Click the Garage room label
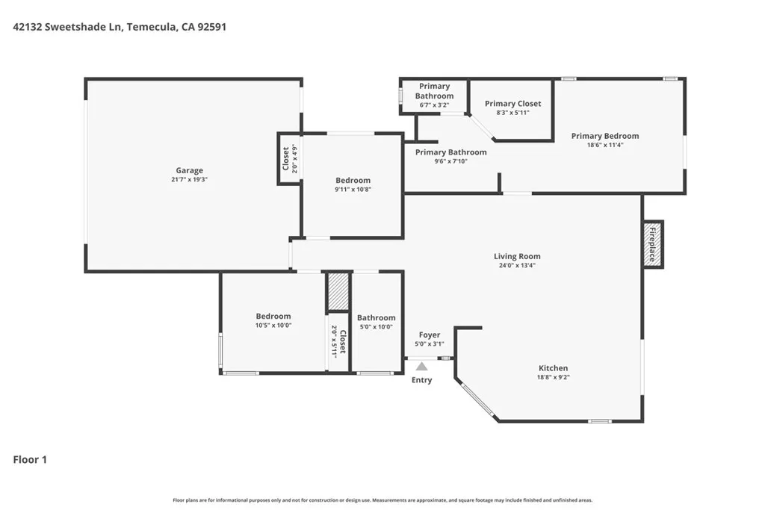pos(189,170)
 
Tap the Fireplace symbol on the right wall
pos(652,244)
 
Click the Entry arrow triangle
pos(421,366)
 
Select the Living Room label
pos(517,256)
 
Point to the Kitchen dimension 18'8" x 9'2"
pos(554,377)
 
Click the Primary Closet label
pos(512,103)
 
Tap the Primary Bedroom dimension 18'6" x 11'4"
pos(605,145)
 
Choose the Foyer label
pos(430,335)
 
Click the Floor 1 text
pos(30,459)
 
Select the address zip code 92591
pos(211,27)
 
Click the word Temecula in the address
pos(151,27)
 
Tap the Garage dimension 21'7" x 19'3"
pos(189,179)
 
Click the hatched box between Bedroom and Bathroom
pos(338,291)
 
